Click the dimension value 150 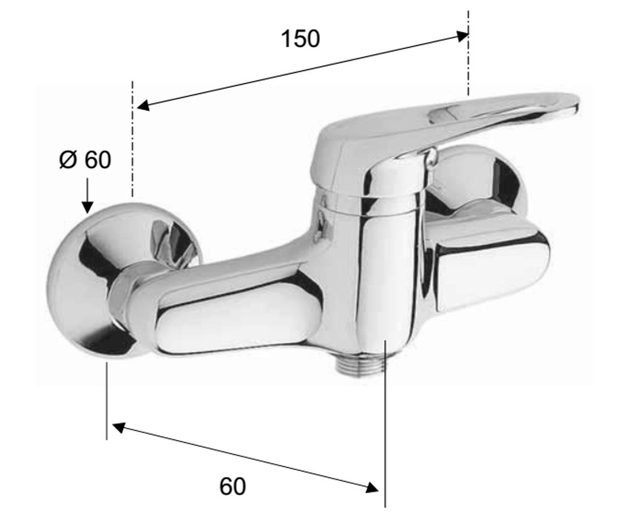(301, 39)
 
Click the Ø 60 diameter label (85, 160)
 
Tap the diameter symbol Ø (68, 160)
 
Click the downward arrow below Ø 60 (87, 195)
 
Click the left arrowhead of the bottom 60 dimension (119, 428)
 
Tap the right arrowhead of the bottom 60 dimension (372, 475)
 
